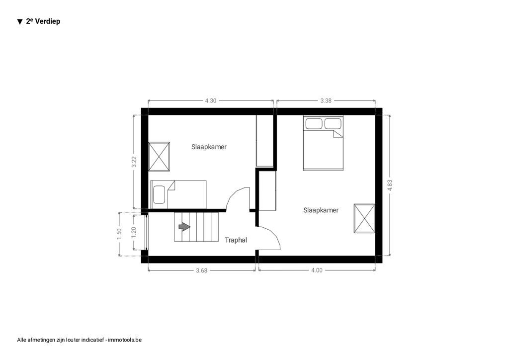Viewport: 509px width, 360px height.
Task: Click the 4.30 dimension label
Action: [x=211, y=100]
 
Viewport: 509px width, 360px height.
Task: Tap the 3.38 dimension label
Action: [x=326, y=100]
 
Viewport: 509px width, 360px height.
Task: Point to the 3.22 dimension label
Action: [x=134, y=162]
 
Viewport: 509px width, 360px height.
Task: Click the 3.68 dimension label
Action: [x=202, y=270]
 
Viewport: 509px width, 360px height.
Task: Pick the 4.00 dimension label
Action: [x=317, y=270]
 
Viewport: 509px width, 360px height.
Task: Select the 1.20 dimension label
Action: [x=134, y=232]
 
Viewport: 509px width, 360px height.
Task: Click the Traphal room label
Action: [x=236, y=240]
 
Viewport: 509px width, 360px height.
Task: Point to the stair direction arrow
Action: [x=184, y=227]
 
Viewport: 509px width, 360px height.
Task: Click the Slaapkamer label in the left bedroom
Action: [x=209, y=147]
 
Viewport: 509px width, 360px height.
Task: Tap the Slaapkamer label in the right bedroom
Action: [x=321, y=210]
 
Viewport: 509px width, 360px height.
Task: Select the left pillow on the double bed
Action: [x=314, y=124]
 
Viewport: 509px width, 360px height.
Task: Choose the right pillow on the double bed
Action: [x=333, y=124]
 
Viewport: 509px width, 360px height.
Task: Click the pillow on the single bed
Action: [x=160, y=194]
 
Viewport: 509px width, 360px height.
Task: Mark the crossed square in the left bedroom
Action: [x=159, y=157]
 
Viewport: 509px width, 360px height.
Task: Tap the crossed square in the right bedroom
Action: [x=364, y=218]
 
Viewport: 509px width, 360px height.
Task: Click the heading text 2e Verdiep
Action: [x=43, y=21]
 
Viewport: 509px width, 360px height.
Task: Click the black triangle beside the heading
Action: [x=20, y=22]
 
